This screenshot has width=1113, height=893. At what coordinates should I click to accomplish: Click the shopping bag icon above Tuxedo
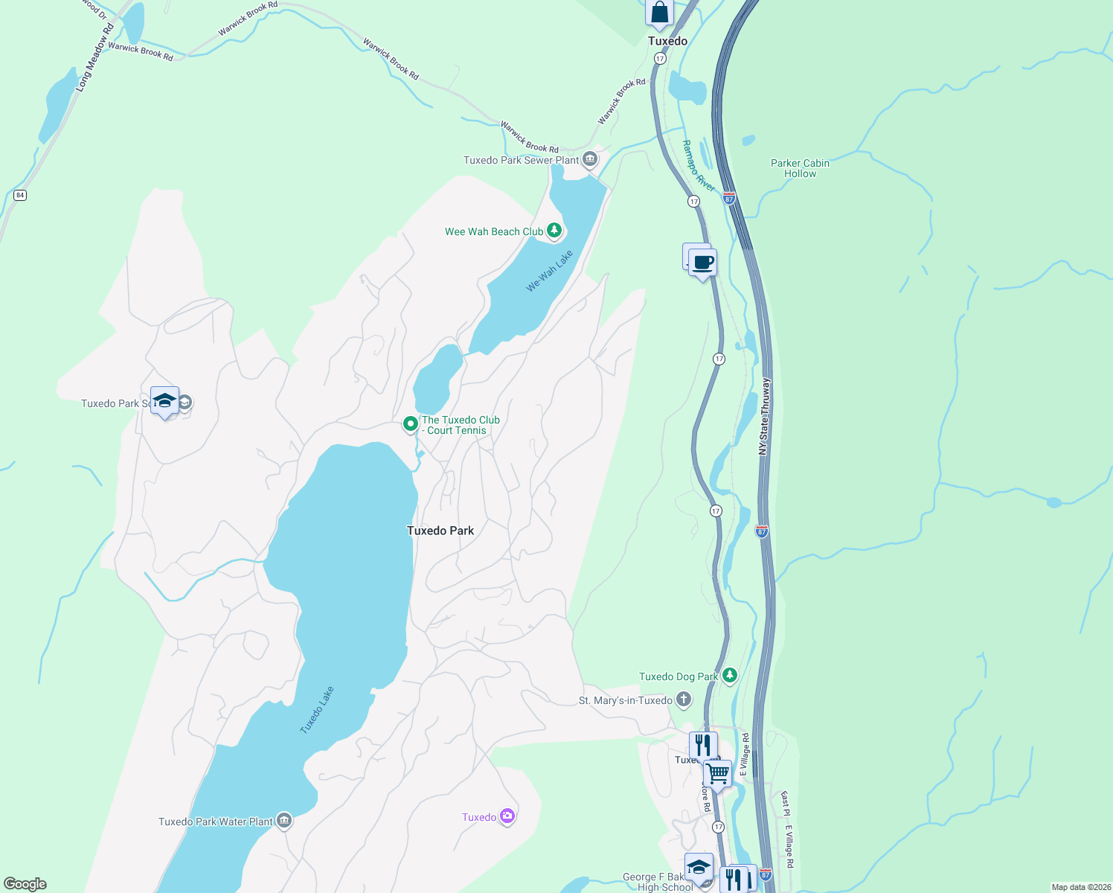click(x=659, y=13)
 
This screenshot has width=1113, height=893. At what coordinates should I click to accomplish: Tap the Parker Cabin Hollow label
click(x=800, y=168)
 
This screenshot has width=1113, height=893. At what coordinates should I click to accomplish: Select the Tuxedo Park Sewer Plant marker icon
click(x=590, y=159)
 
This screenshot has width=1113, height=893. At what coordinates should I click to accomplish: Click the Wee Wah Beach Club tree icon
click(x=554, y=231)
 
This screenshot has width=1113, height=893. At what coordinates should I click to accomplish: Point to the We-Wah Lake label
click(x=550, y=271)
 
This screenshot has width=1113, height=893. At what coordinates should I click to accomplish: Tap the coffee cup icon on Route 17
click(x=702, y=263)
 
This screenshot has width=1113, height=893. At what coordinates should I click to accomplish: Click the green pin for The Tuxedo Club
click(x=410, y=424)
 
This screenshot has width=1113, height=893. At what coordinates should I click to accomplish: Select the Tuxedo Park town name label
click(x=440, y=531)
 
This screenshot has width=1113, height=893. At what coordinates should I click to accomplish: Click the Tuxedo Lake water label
click(x=317, y=710)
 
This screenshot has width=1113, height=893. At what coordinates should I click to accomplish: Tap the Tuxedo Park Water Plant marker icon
click(x=283, y=821)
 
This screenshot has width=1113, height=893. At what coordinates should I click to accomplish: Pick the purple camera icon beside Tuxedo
click(x=507, y=817)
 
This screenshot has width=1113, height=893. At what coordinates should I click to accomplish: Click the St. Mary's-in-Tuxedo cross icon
click(x=684, y=700)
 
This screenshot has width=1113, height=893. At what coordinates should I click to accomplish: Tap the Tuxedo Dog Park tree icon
click(x=730, y=676)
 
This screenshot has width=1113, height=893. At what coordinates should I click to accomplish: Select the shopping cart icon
click(x=717, y=772)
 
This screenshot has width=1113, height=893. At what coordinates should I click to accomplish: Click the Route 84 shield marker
click(x=20, y=195)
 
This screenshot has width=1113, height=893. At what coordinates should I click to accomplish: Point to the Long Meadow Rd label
click(x=94, y=57)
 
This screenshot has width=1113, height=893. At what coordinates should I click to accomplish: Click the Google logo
click(x=25, y=884)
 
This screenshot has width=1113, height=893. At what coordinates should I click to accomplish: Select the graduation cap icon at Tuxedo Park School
click(x=164, y=401)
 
